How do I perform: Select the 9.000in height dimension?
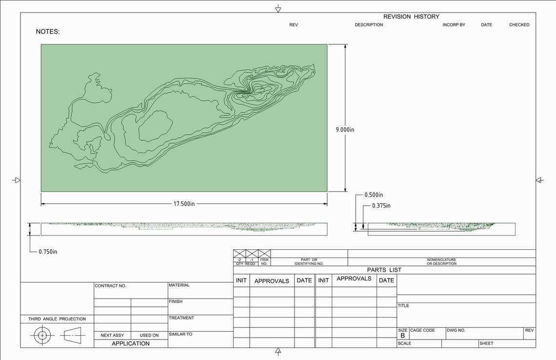(345, 130)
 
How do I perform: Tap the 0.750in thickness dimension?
(48, 252)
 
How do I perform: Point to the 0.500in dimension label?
(374, 195)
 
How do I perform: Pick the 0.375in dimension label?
(381, 206)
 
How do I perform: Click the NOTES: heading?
(48, 32)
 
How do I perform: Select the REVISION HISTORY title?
(411, 17)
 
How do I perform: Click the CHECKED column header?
(519, 25)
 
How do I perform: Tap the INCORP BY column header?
(454, 25)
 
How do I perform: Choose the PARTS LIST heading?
(384, 270)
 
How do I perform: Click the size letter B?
(403, 336)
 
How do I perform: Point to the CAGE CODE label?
(422, 330)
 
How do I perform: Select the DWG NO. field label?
(456, 330)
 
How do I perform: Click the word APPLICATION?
(131, 343)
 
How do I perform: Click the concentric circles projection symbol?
(42, 336)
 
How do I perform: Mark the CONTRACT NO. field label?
(110, 286)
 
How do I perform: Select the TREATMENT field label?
(181, 318)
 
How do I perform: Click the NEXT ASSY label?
(112, 335)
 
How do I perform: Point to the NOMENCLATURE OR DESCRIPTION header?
(441, 261)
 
